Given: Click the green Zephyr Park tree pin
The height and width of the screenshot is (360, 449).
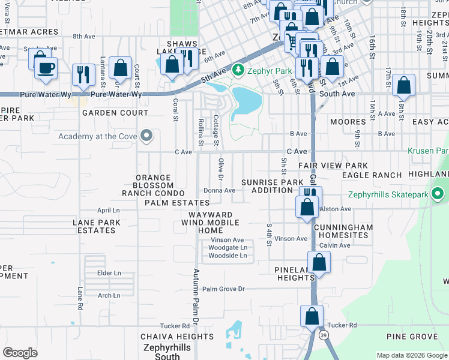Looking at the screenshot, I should (238, 71).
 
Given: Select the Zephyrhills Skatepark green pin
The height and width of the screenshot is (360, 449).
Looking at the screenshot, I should (438, 194).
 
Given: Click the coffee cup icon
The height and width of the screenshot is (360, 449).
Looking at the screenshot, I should (46, 67).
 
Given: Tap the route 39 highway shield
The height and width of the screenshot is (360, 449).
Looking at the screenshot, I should (324, 334).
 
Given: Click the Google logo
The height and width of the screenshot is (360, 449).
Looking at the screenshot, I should (20, 353).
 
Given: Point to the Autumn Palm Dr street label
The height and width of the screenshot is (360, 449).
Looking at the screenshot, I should (195, 293).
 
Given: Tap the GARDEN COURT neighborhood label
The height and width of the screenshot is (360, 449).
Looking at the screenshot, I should (115, 113).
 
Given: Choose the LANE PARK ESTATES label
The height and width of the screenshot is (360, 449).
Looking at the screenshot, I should (97, 226).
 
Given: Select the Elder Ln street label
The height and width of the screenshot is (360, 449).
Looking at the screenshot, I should (109, 273).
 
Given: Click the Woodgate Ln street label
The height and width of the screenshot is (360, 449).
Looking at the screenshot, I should (228, 247).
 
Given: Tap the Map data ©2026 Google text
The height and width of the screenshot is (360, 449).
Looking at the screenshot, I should (412, 355).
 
